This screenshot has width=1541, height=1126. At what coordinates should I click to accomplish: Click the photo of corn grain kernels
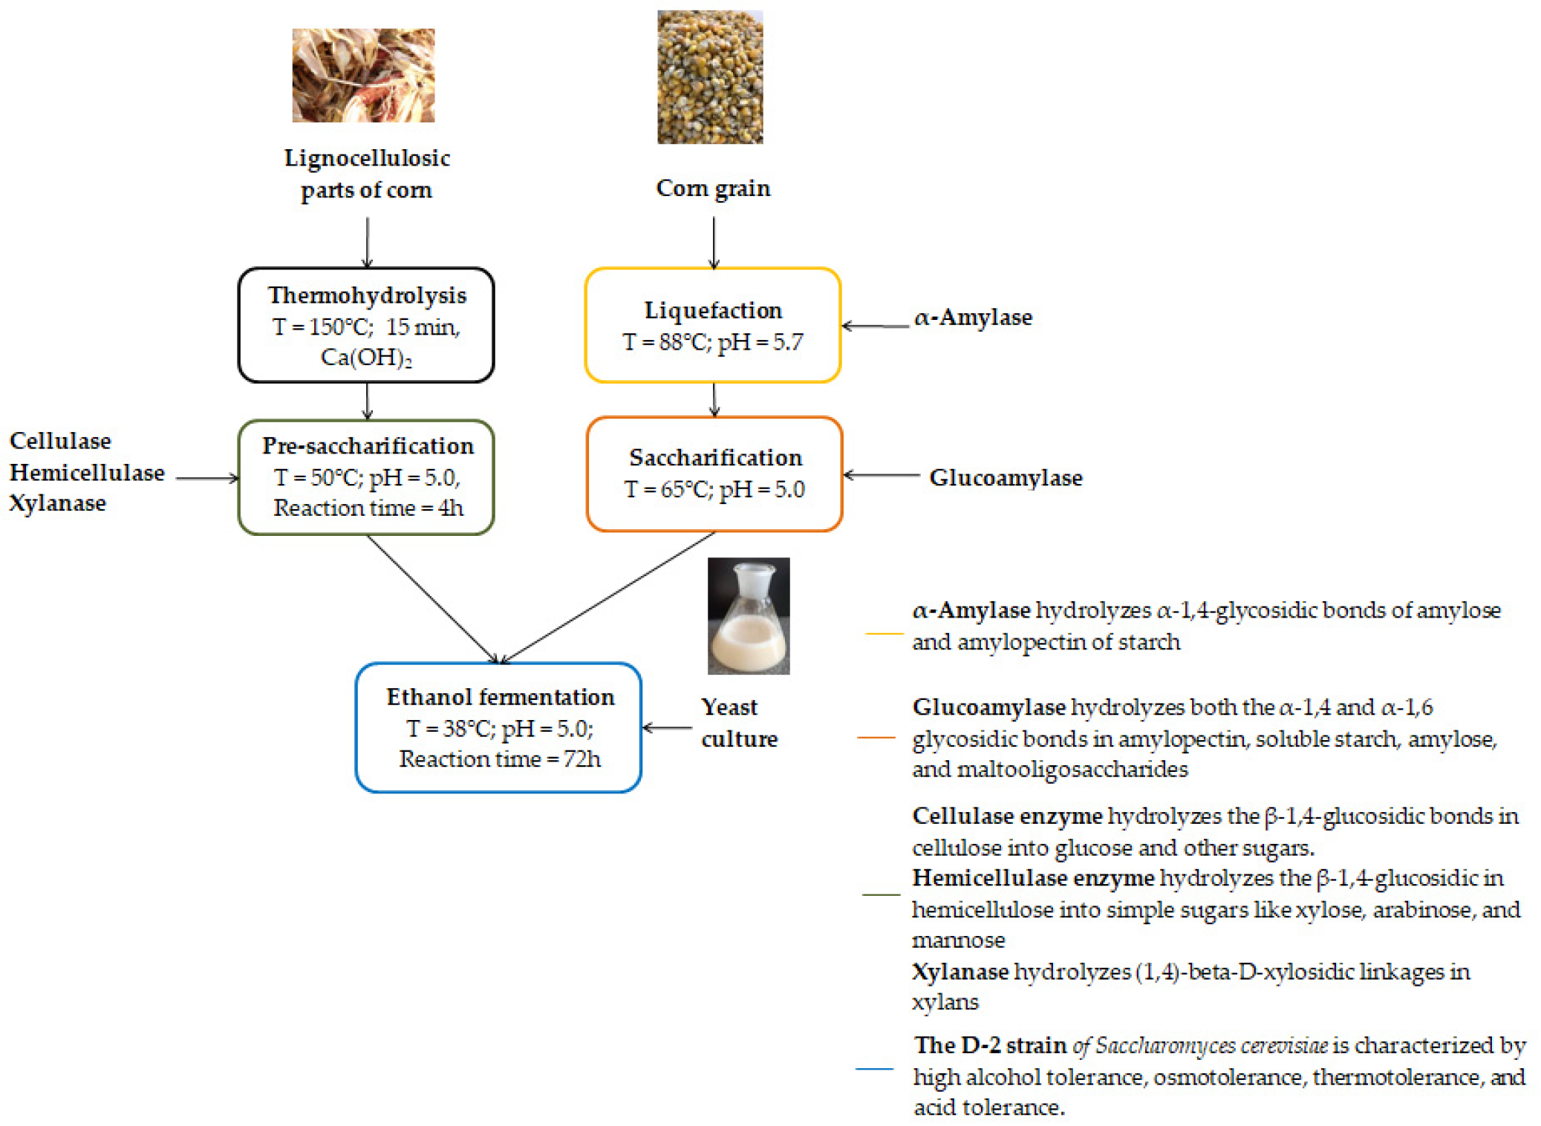(709, 76)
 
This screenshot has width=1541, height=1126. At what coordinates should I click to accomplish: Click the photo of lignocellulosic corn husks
(363, 75)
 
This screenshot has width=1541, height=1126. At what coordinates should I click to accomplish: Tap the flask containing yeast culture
(748, 616)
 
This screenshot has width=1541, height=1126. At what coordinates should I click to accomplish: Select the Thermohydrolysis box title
(367, 295)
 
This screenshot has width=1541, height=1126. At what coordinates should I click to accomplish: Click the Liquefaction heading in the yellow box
(712, 310)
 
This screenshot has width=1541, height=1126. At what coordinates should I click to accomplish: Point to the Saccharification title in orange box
(715, 458)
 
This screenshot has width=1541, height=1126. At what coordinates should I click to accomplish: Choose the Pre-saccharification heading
(368, 445)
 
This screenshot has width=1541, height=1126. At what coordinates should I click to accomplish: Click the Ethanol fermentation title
(500, 697)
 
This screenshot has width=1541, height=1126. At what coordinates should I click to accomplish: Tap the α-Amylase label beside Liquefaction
(973, 318)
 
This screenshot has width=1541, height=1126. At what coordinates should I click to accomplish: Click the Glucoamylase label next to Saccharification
(1006, 477)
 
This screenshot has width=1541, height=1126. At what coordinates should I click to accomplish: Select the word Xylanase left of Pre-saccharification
(58, 503)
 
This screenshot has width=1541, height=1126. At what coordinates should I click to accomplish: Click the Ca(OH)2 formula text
(365, 358)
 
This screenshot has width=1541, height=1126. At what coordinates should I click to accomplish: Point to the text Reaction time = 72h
(499, 759)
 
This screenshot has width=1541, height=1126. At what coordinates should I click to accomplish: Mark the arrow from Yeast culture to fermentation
(667, 727)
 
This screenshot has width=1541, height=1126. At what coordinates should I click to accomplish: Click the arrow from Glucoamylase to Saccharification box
(882, 475)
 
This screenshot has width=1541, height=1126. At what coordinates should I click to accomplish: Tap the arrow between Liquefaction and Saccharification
(714, 400)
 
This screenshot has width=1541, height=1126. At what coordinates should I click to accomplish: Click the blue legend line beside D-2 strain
(874, 1069)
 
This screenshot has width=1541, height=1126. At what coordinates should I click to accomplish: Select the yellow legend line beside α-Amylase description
(884, 633)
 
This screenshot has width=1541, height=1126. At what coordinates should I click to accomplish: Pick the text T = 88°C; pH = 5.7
(712, 342)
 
